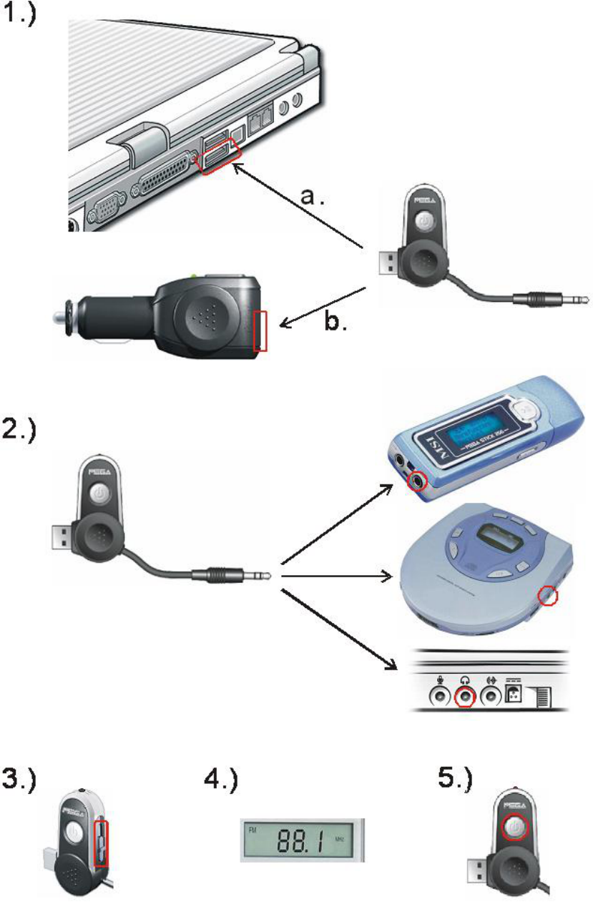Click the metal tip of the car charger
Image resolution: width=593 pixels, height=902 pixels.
click(59, 315)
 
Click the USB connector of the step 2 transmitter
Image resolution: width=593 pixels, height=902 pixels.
click(62, 533)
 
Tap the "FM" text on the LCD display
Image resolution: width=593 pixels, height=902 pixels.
click(253, 832)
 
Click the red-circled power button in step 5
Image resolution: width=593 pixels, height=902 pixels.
click(513, 827)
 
